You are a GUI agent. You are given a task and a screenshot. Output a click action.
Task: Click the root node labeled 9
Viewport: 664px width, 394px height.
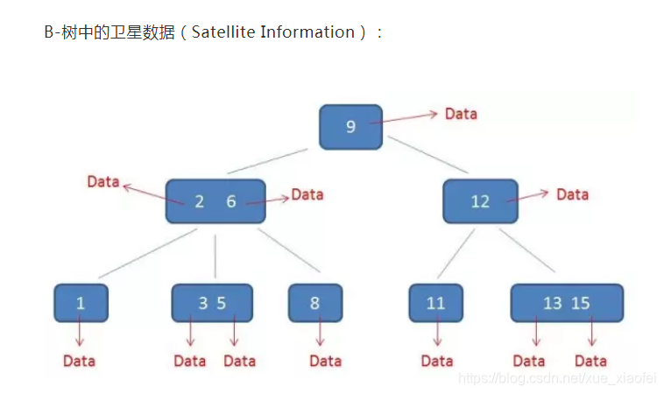pos(350,126)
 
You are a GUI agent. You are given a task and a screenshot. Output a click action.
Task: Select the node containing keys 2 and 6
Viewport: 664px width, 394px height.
pos(215,201)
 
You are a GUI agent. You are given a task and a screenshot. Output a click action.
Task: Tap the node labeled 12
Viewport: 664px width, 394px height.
pos(480,201)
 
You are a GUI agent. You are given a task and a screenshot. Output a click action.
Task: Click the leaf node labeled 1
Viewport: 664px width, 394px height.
pos(81,303)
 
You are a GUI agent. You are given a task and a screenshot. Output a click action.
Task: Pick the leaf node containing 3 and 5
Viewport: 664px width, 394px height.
pos(212,303)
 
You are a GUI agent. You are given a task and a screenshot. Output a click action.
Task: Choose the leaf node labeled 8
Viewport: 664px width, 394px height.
pos(315,303)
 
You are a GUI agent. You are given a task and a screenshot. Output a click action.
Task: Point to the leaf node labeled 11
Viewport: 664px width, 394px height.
pos(435,303)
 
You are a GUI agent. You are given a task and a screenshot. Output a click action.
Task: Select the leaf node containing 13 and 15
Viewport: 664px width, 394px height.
pos(567,303)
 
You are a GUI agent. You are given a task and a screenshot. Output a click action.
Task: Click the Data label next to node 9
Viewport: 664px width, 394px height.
pos(461,114)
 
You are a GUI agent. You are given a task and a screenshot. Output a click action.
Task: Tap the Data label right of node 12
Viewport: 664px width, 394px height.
pos(572,194)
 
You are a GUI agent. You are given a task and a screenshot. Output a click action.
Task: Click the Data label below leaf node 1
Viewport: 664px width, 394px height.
pos(79,361)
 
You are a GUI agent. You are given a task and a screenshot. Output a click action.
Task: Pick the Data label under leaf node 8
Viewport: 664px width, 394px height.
pos(325,361)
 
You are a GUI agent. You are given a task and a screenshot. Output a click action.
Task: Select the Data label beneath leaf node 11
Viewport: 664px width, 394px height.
pos(437,361)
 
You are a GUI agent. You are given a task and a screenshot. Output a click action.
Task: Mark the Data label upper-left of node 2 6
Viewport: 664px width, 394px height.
pos(102,182)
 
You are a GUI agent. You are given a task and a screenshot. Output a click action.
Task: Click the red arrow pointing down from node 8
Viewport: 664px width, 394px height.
pos(320,333)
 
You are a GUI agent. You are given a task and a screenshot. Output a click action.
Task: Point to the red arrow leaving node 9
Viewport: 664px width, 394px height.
pos(403,117)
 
